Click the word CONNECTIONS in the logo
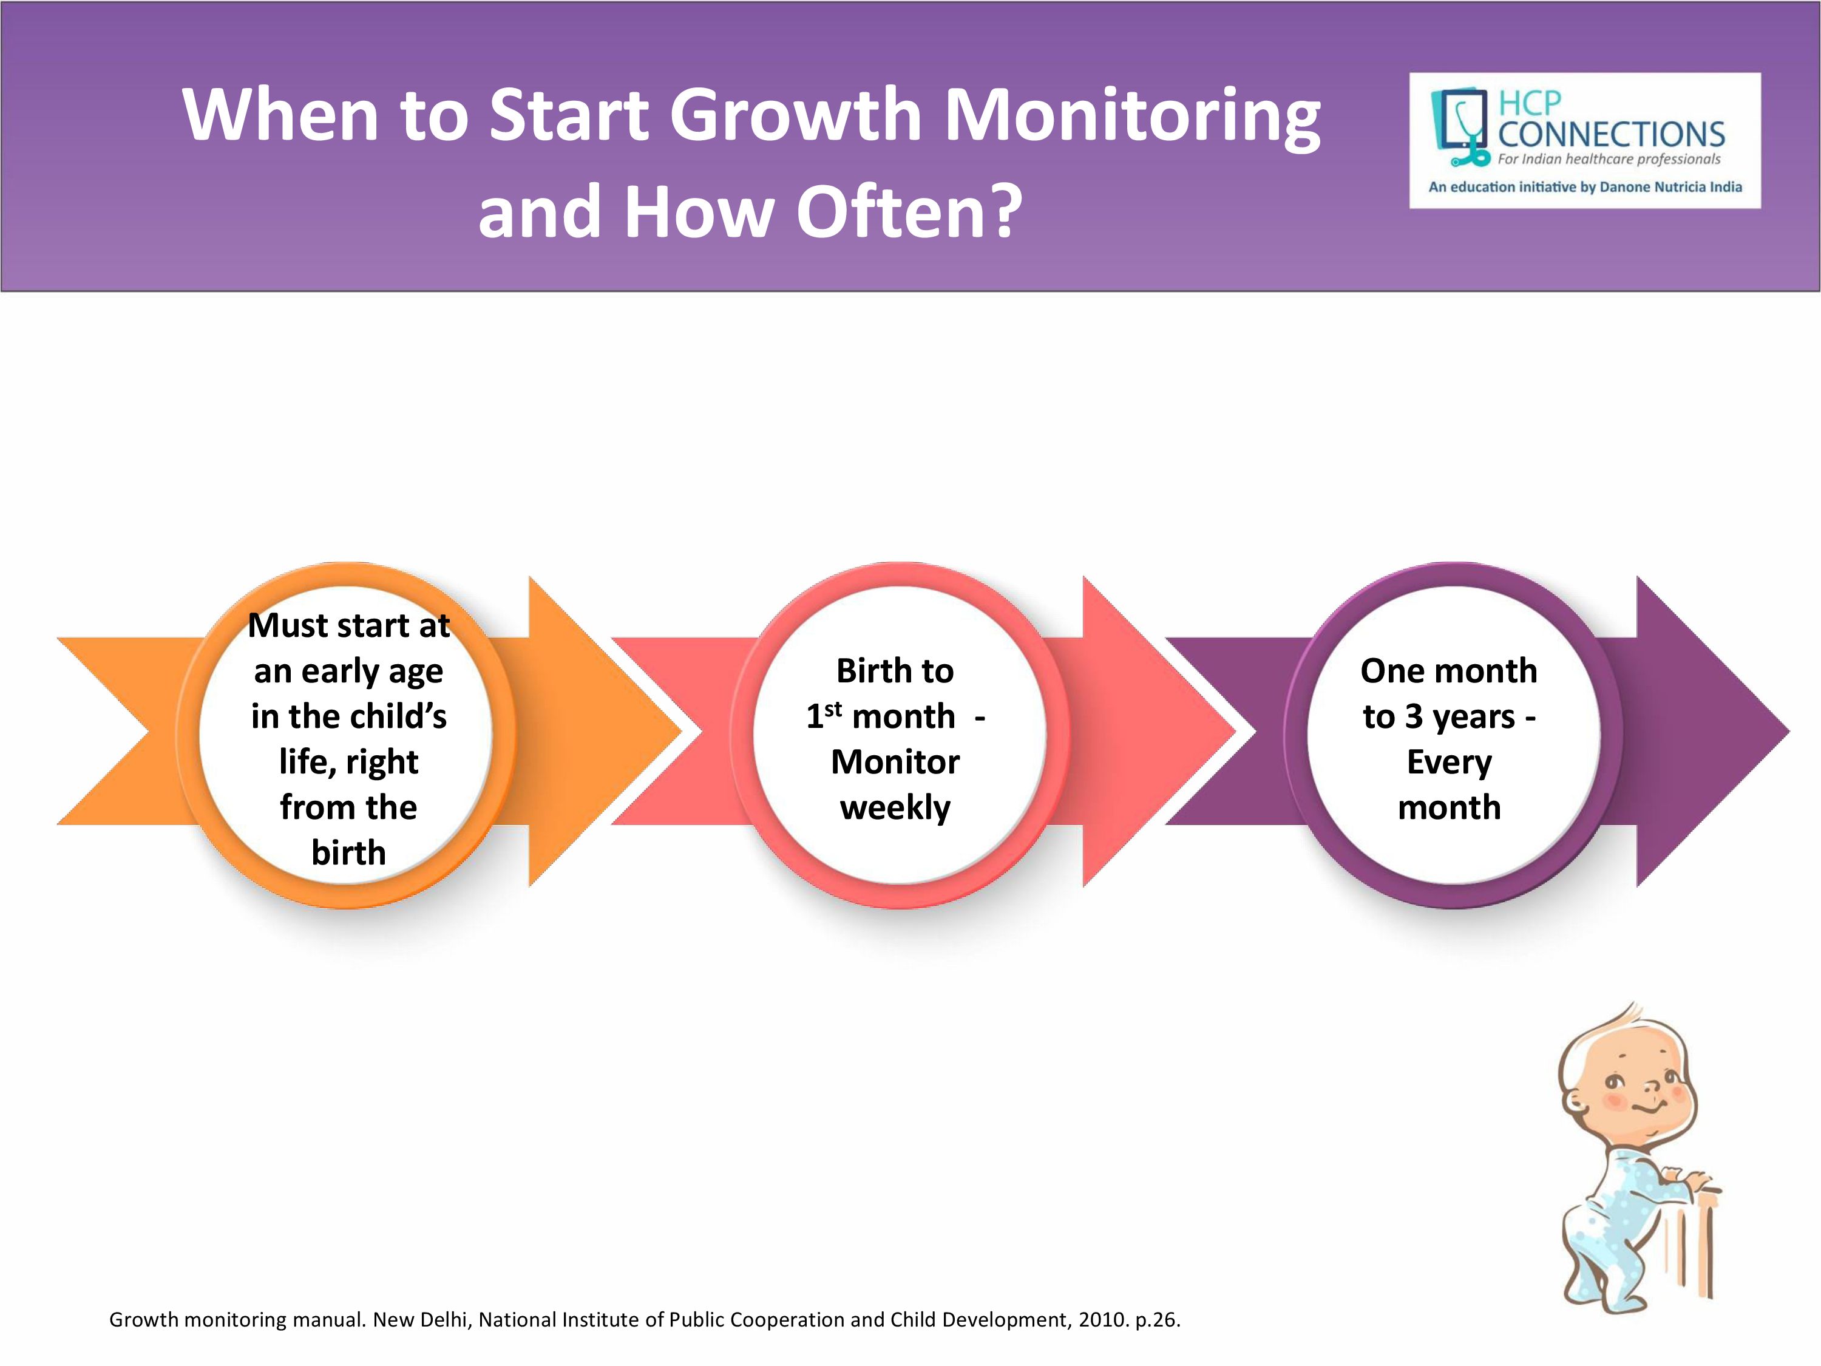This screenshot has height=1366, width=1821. point(1611,134)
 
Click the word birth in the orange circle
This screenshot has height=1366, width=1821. point(348,852)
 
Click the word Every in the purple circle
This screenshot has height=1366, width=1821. point(1449,763)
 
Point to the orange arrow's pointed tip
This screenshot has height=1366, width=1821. point(682,731)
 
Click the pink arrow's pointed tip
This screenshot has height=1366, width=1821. point(1236,731)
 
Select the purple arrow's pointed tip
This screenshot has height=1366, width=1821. point(1789,731)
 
